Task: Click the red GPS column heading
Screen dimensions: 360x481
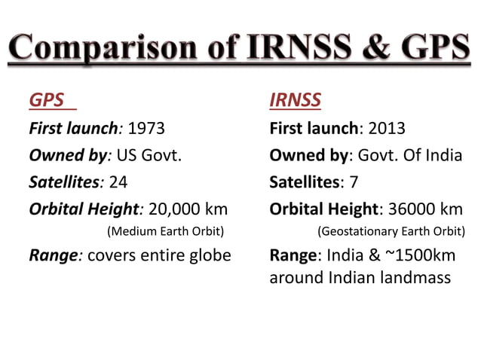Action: tap(46, 101)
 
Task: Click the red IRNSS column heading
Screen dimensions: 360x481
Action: tap(294, 101)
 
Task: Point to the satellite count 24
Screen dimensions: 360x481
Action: tap(118, 182)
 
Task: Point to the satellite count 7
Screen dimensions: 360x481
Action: tap(354, 182)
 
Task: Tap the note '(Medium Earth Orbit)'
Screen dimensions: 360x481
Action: tap(166, 230)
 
